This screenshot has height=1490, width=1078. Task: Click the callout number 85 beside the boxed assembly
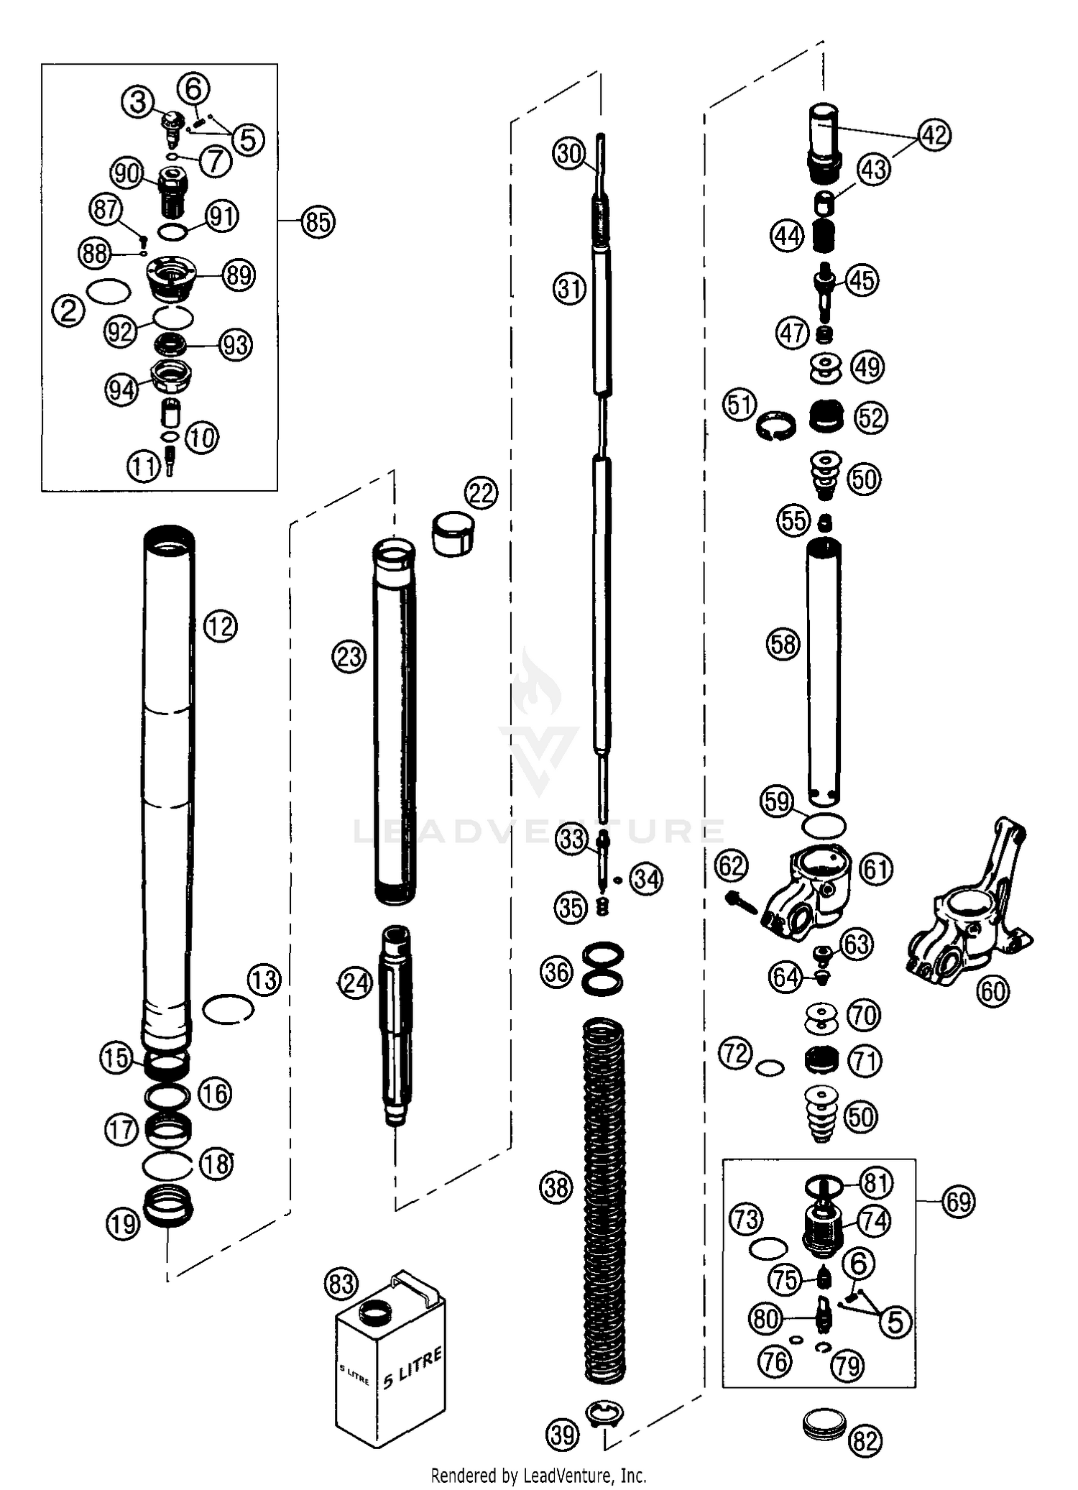pyautogui.click(x=318, y=221)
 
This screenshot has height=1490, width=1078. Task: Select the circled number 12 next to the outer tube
pyautogui.click(x=220, y=626)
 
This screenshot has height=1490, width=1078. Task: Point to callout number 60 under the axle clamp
pyautogui.click(x=993, y=991)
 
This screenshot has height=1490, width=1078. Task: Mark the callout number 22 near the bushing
pyautogui.click(x=481, y=493)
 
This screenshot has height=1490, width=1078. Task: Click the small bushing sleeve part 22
pyautogui.click(x=453, y=533)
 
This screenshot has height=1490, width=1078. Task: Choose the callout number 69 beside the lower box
pyautogui.click(x=959, y=1202)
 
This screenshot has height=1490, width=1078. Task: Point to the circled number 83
pyautogui.click(x=341, y=1283)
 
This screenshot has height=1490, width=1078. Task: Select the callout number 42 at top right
pyautogui.click(x=934, y=134)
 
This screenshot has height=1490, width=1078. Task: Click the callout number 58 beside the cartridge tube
pyautogui.click(x=783, y=643)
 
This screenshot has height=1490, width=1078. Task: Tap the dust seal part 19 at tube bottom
pyautogui.click(x=167, y=1209)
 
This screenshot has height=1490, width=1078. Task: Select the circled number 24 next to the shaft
pyautogui.click(x=356, y=983)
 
